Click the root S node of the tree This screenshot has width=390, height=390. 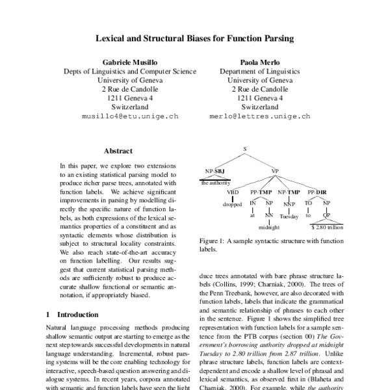tap(245, 149)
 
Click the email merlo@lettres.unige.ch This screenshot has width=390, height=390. tap(268, 118)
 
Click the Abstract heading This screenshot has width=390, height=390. tap(118, 151)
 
